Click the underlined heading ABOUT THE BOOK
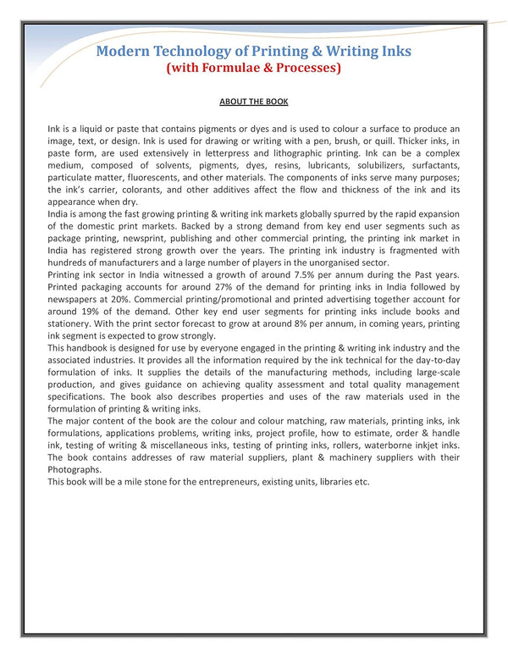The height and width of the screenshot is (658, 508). coord(254,102)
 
